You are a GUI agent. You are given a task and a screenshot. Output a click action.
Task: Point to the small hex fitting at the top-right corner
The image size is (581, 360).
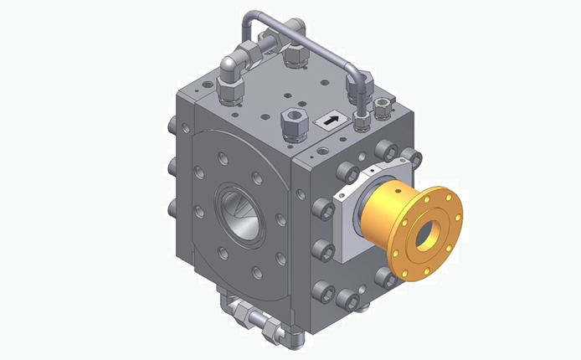pos(384,105)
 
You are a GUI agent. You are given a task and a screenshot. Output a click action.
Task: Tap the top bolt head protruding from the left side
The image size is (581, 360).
pos(173,126)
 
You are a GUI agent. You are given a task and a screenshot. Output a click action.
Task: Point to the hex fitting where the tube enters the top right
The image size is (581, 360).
pos(361,121)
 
